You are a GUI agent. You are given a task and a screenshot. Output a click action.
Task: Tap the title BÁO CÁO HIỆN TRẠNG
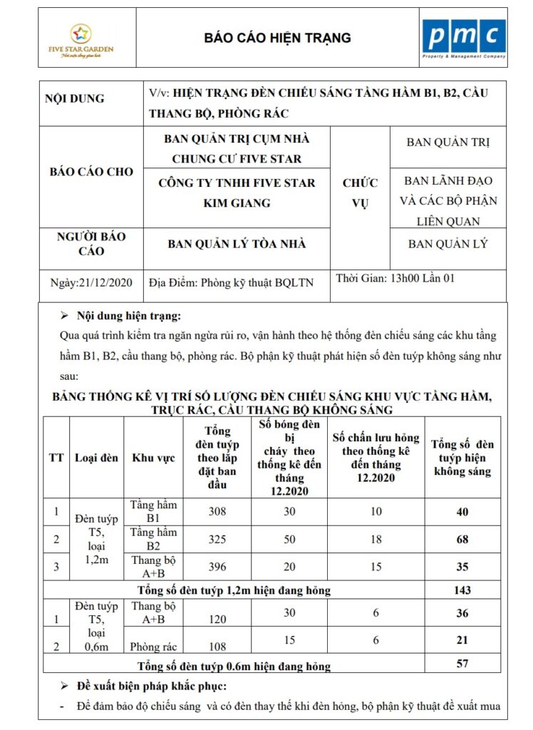tap(278, 38)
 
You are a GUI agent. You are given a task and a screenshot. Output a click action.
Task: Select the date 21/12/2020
tap(92, 282)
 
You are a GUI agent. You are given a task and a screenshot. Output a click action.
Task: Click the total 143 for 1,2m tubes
tap(462, 590)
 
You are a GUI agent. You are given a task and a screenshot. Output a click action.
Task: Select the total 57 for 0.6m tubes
tap(462, 664)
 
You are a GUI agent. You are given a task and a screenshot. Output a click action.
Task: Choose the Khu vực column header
tap(153, 458)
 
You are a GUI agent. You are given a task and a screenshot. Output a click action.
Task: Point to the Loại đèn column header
tap(96, 458)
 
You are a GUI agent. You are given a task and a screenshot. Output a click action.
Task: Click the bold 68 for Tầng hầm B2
tap(462, 539)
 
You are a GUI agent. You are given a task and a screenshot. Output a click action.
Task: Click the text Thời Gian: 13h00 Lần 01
tap(395, 278)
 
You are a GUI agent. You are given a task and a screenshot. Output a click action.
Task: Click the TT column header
tap(56, 458)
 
